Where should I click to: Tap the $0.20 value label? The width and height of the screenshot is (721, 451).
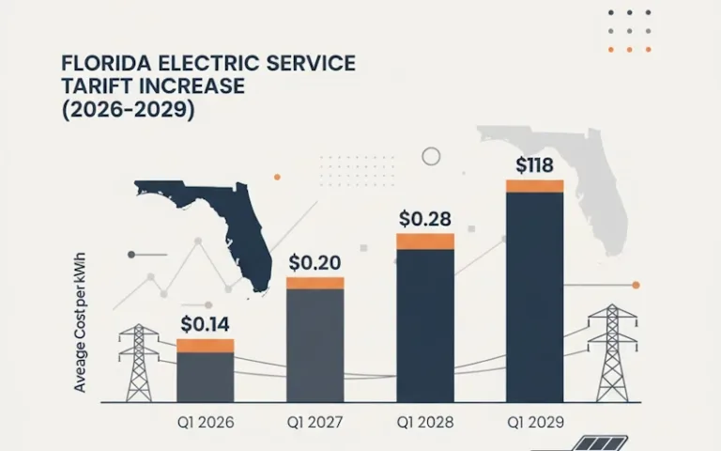pyautogui.click(x=314, y=263)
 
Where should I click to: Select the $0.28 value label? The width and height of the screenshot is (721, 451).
pyautogui.click(x=424, y=219)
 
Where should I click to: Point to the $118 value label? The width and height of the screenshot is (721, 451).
pyautogui.click(x=534, y=165)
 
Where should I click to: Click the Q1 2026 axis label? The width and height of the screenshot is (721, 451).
pyautogui.click(x=206, y=421)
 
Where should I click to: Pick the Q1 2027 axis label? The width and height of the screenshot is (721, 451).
pyautogui.click(x=314, y=421)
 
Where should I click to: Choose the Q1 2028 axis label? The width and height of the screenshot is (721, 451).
pyautogui.click(x=424, y=421)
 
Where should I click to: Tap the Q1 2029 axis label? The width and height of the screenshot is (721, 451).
pyautogui.click(x=534, y=421)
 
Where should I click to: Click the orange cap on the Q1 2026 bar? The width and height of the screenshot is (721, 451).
pyautogui.click(x=205, y=345)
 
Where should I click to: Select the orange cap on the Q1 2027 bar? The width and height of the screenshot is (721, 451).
pyautogui.click(x=314, y=283)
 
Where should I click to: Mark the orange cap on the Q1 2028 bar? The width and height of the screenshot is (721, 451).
pyautogui.click(x=424, y=241)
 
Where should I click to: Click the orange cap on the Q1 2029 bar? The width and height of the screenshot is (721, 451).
pyautogui.click(x=534, y=185)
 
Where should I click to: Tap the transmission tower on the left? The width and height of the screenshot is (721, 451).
pyautogui.click(x=139, y=363)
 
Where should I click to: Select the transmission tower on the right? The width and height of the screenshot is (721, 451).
pyautogui.click(x=611, y=352)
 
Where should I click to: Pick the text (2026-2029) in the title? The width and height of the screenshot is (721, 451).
pyautogui.click(x=127, y=109)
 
